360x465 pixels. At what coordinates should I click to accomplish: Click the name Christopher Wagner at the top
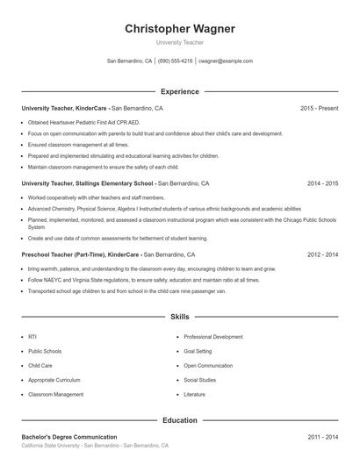(x=180, y=29)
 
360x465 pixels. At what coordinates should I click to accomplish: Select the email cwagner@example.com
(x=226, y=61)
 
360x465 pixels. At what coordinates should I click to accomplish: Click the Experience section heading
(x=180, y=91)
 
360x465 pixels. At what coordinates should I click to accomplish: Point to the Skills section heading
(x=180, y=316)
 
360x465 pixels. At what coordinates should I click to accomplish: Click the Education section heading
(x=180, y=420)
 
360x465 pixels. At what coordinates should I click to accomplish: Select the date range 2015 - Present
(x=319, y=108)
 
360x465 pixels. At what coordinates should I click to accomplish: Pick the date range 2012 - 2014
(x=322, y=254)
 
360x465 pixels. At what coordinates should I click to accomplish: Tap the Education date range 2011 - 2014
(x=322, y=436)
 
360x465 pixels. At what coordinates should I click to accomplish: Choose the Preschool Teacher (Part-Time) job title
(x=80, y=254)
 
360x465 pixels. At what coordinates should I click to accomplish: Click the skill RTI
(x=32, y=336)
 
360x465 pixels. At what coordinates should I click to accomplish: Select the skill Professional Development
(x=213, y=336)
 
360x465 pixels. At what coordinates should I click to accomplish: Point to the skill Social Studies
(x=200, y=380)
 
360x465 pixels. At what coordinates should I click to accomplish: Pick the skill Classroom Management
(x=55, y=395)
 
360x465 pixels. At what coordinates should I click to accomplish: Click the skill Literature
(x=195, y=395)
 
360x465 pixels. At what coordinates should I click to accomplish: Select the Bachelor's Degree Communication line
(x=69, y=436)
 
